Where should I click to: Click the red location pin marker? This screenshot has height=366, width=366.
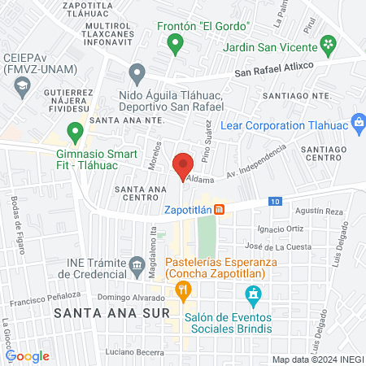tap(183, 166)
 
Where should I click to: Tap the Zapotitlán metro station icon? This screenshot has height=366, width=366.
tap(220, 209)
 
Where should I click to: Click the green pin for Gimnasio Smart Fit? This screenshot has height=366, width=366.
tap(75, 130)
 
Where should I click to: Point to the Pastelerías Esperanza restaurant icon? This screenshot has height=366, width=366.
tap(185, 287)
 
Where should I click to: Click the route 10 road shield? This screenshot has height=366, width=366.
tap(277, 200)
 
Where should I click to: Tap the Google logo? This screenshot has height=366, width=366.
tap(27, 355)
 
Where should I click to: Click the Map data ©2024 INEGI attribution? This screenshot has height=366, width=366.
tap(317, 359)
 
